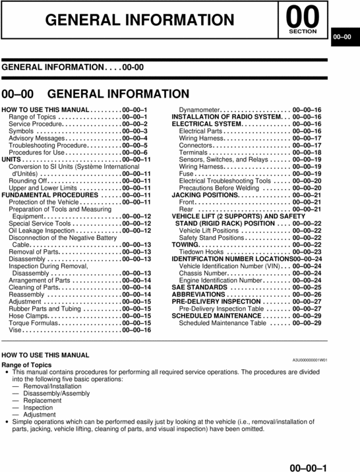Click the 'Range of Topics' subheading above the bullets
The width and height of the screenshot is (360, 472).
point(26,365)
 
